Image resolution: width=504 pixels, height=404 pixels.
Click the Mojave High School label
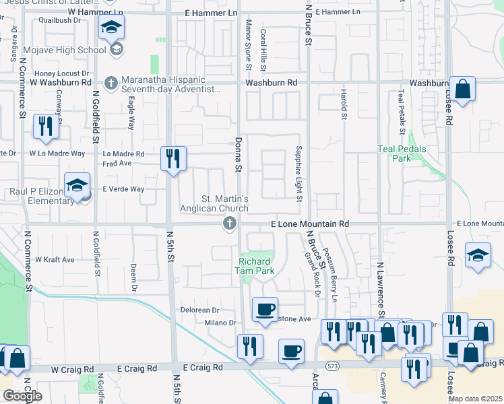pyautogui.click(x=64, y=50)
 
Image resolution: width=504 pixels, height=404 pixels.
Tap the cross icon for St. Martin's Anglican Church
pyautogui.click(x=229, y=224)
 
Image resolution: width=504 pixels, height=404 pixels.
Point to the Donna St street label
pyautogui.click(x=238, y=156)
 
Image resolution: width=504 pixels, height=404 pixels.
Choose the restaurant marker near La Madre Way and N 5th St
pyautogui.click(x=173, y=159)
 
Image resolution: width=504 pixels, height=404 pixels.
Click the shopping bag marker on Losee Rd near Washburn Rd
pyautogui.click(x=463, y=89)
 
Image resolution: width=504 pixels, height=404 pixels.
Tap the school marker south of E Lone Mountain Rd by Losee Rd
pyautogui.click(x=478, y=255)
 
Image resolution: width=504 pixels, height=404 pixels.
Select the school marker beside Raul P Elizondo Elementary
pyautogui.click(x=77, y=185)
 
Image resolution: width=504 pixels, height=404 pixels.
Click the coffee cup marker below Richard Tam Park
pyautogui.click(x=264, y=310)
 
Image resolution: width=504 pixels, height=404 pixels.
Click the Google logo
pyautogui.click(x=22, y=396)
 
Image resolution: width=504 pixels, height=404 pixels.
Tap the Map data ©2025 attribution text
pyautogui.click(x=475, y=399)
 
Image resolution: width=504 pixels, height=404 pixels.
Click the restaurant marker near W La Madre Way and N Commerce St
pyautogui.click(x=45, y=127)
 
